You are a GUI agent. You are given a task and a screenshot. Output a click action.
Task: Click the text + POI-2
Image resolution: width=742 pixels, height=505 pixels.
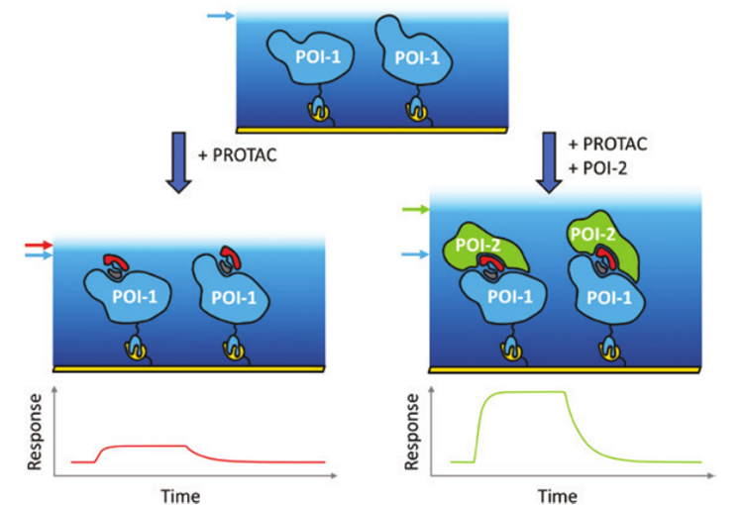[x=596, y=165]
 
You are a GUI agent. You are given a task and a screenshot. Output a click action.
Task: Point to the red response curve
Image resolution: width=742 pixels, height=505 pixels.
[x=149, y=447]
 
